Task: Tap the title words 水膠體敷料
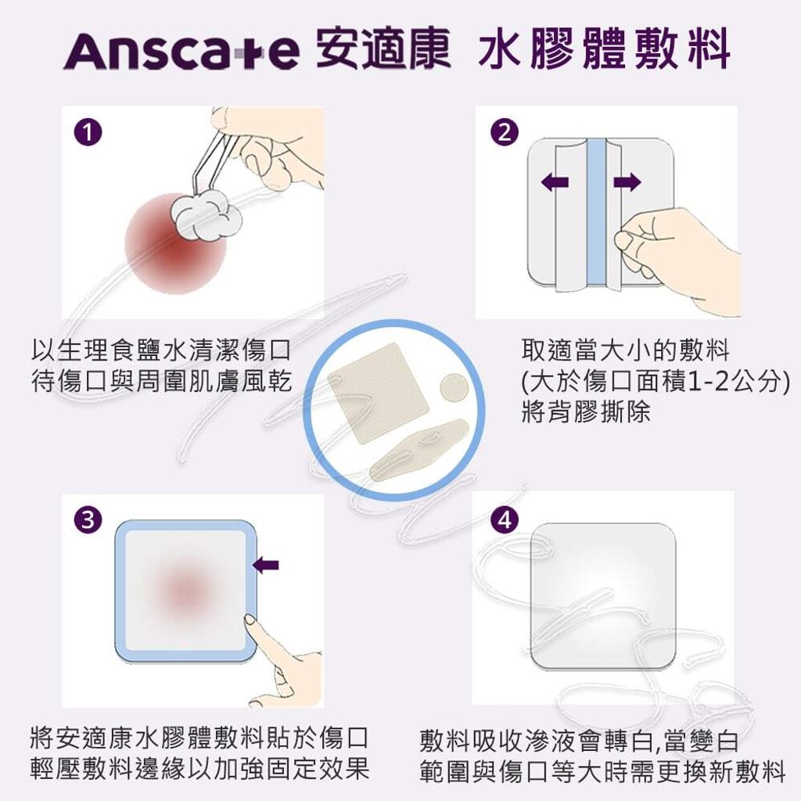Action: (x=603, y=50)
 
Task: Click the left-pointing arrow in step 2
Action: (x=555, y=183)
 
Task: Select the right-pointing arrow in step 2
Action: (x=627, y=183)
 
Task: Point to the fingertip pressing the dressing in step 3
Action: (x=252, y=622)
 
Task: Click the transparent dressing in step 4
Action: (x=602, y=596)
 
